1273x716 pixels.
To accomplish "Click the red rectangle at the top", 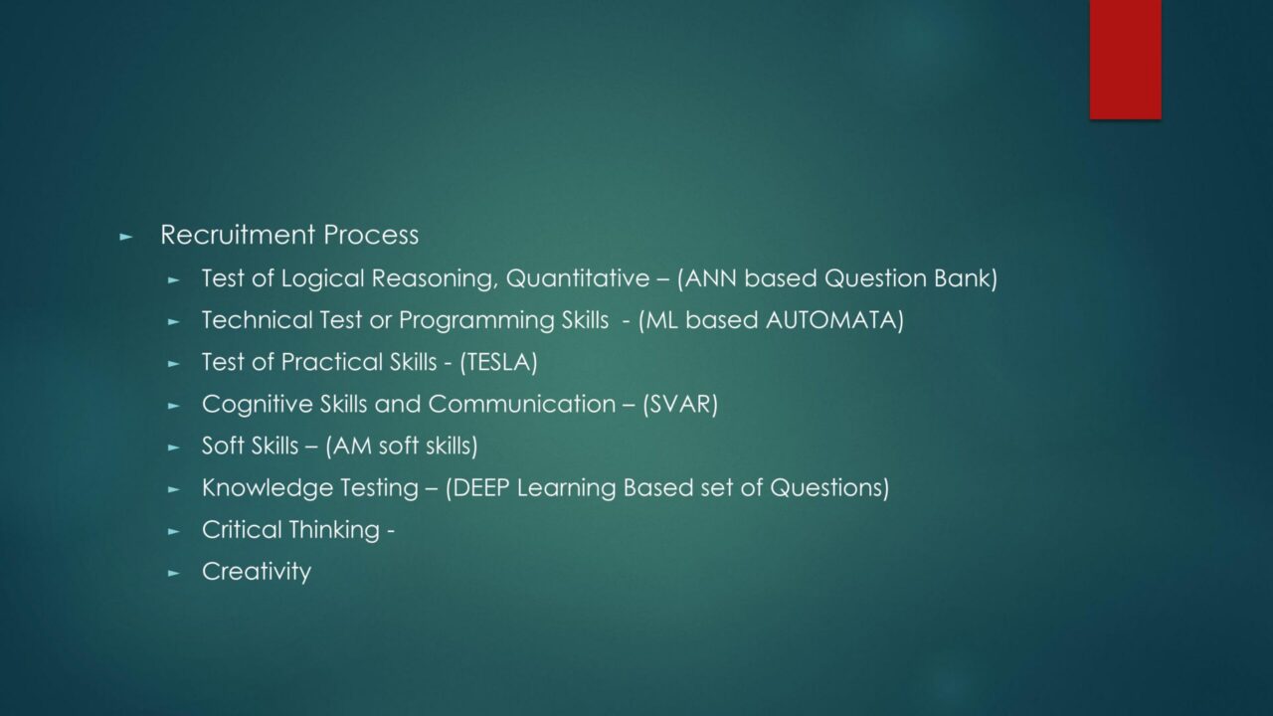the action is pyautogui.click(x=1125, y=59).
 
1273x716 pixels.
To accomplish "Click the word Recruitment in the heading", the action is pyautogui.click(x=238, y=235).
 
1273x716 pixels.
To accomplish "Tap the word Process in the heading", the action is pyautogui.click(x=371, y=235).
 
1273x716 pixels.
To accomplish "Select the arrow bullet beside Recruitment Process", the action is pyautogui.click(x=125, y=237).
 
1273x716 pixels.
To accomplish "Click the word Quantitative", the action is pyautogui.click(x=578, y=279).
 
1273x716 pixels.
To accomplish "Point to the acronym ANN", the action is pyautogui.click(x=711, y=278).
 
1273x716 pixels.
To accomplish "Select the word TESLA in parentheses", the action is pyautogui.click(x=498, y=363).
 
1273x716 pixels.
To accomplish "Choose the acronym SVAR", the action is pyautogui.click(x=680, y=405).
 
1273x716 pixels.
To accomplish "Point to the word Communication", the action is pyautogui.click(x=522, y=404).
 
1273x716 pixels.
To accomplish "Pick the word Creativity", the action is pyautogui.click(x=257, y=572).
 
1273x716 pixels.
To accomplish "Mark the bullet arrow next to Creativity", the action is pyautogui.click(x=174, y=574).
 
